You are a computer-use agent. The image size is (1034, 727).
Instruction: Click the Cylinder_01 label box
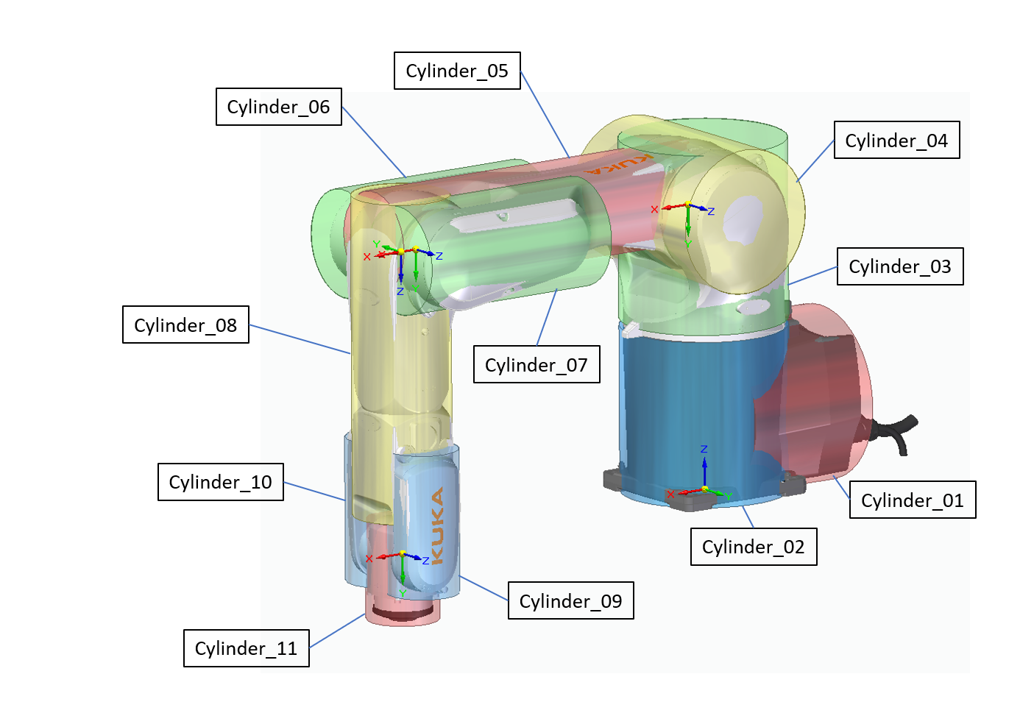[x=913, y=500]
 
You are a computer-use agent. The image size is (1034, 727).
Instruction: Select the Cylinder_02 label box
[x=754, y=547]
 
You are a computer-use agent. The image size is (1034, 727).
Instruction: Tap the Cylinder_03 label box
[x=900, y=266]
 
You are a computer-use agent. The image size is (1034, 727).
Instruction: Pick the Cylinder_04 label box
[x=897, y=140]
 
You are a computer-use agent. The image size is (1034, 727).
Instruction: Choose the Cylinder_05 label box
[x=457, y=71]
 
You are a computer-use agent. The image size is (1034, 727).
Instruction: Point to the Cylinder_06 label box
[x=279, y=107]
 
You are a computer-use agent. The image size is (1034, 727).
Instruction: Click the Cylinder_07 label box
[x=537, y=364]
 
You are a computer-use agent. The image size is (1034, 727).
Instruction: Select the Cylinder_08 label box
[x=185, y=325]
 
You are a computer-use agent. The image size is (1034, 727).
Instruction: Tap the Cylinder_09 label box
[x=571, y=600]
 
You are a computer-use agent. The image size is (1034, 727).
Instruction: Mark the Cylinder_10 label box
[x=221, y=482]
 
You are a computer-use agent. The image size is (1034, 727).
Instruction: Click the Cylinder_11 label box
[x=247, y=648]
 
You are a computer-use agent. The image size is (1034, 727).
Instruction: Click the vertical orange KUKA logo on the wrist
[x=437, y=525]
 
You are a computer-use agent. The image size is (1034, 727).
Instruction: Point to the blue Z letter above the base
[x=704, y=449]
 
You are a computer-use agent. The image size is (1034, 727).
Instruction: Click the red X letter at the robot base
[x=670, y=494]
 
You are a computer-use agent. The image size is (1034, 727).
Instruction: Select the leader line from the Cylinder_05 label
[x=545, y=114]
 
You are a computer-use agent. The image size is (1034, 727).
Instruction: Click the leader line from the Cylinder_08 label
[x=300, y=339]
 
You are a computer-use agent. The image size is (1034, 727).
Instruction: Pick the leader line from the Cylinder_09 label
[x=484, y=588]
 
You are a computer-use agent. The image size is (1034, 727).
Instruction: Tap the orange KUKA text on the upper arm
[x=618, y=164]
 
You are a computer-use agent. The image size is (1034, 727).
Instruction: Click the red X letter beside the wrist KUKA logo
[x=369, y=559]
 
